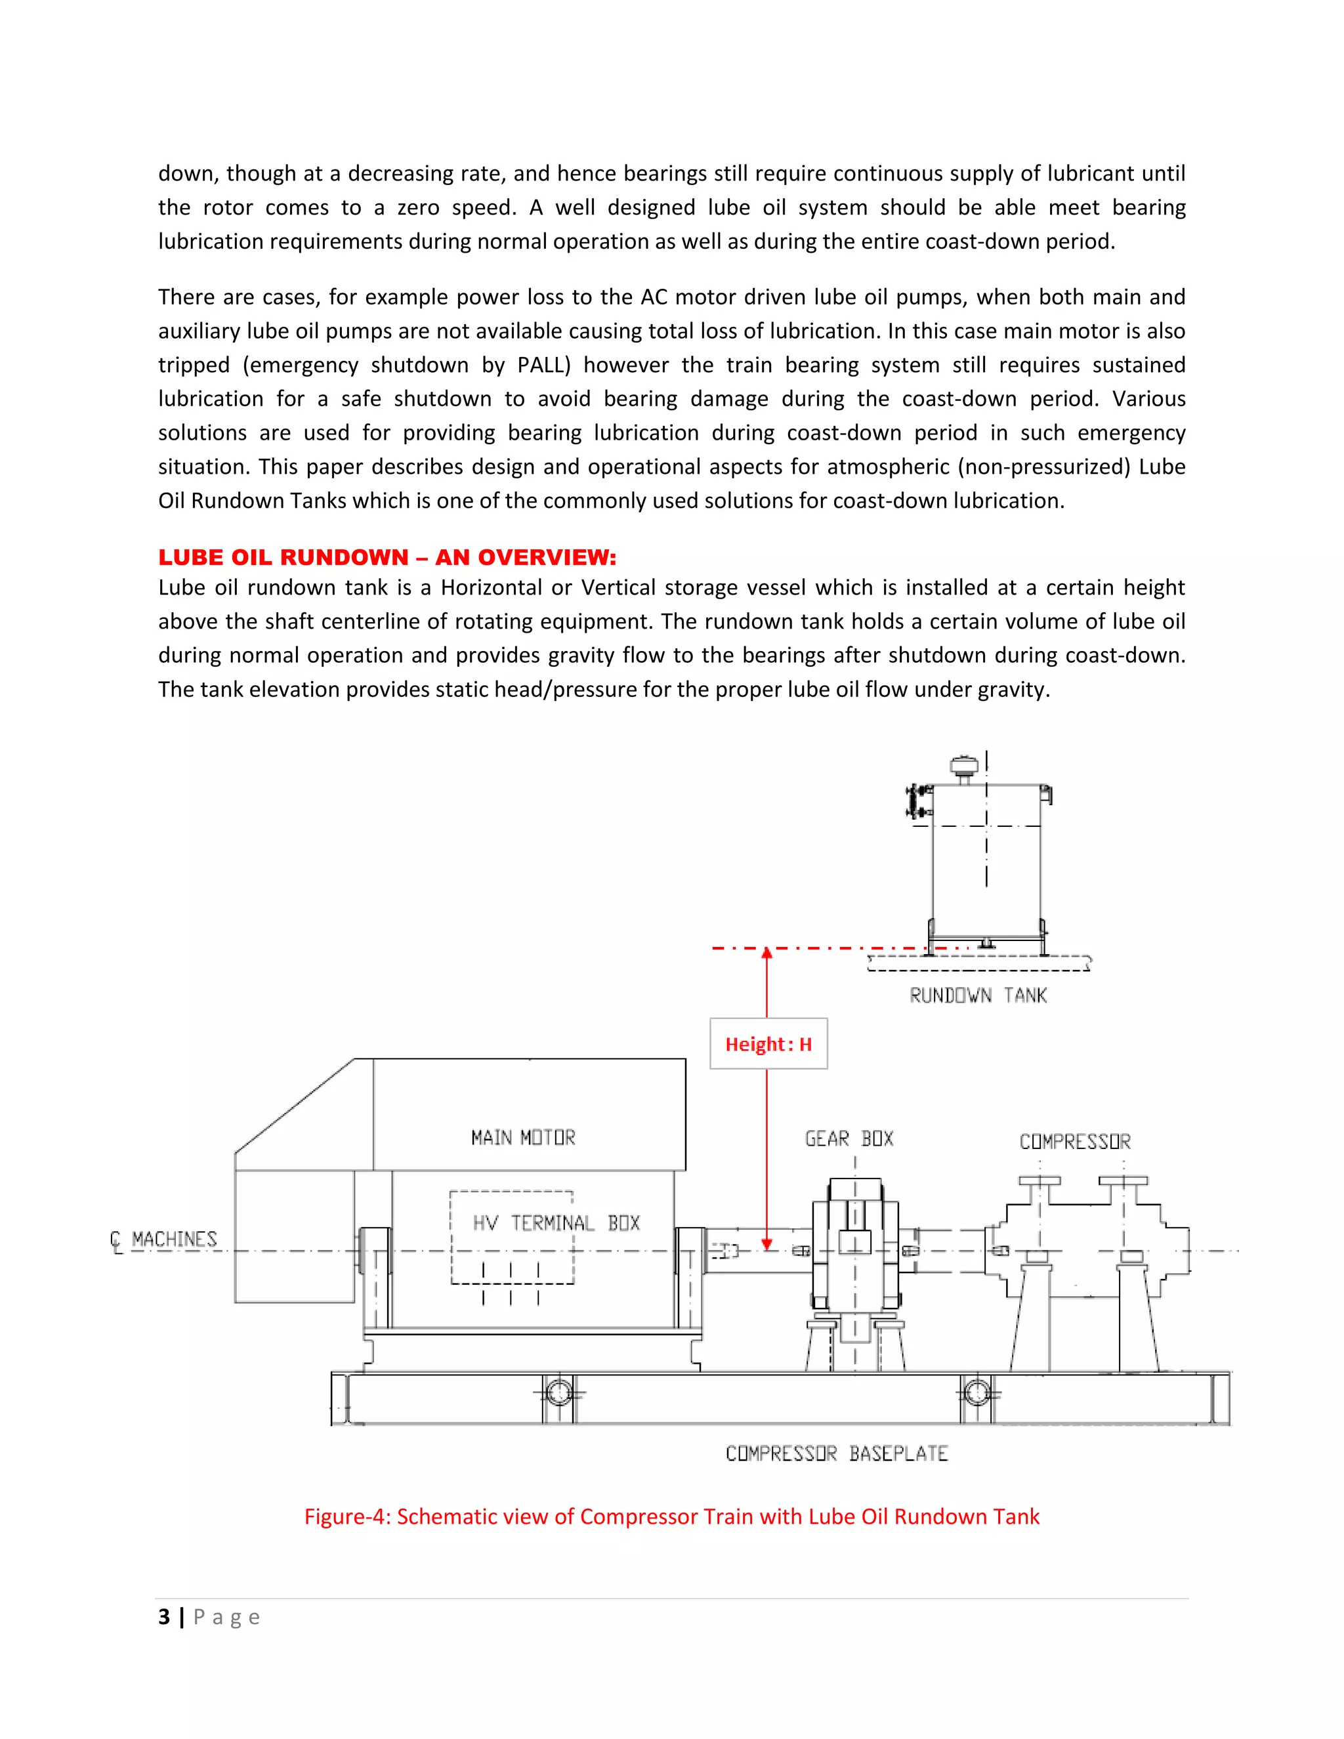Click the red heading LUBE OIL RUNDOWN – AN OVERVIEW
387,557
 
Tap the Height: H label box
768,1044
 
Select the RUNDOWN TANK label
978,995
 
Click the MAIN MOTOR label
523,1137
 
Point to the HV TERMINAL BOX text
556,1223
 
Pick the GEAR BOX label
849,1139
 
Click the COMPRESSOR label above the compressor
1075,1142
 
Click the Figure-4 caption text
671,1517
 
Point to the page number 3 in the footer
164,1617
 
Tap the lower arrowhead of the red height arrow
766,1244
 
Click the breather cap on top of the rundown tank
964,766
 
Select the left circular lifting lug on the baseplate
559,1393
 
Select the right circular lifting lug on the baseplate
977,1393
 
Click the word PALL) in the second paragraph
544,366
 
